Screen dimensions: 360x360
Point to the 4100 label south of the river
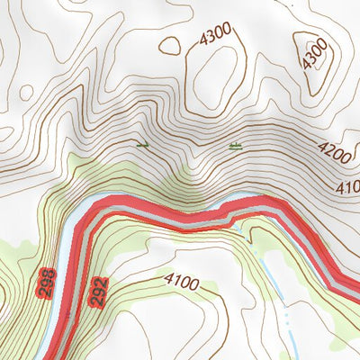[182, 282]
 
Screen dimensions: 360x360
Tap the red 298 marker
[48, 283]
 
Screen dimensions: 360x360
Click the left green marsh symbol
[140, 144]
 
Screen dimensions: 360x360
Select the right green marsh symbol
[236, 145]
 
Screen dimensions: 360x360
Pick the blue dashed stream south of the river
[270, 270]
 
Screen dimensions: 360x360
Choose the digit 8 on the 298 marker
[48, 273]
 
